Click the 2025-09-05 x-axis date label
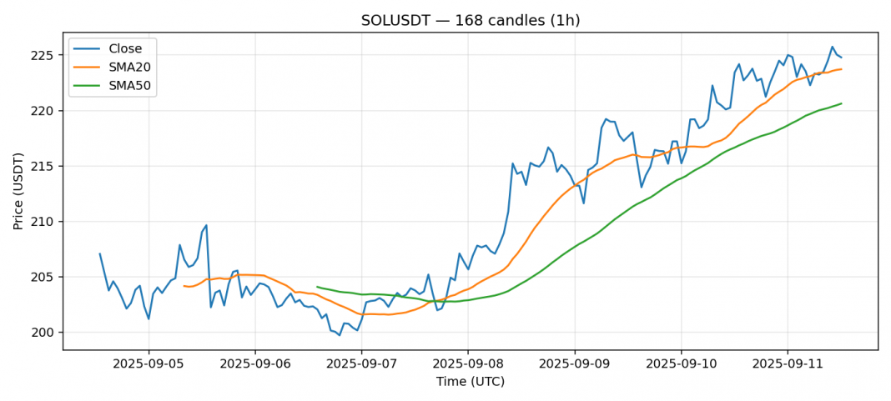[148, 364]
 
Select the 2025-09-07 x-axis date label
[361, 364]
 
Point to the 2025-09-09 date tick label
[575, 364]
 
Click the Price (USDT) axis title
[18, 190]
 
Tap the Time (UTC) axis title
[470, 382]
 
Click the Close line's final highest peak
[832, 47]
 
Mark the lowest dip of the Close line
[340, 335]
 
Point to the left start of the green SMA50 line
[317, 287]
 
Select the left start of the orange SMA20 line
[184, 286]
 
